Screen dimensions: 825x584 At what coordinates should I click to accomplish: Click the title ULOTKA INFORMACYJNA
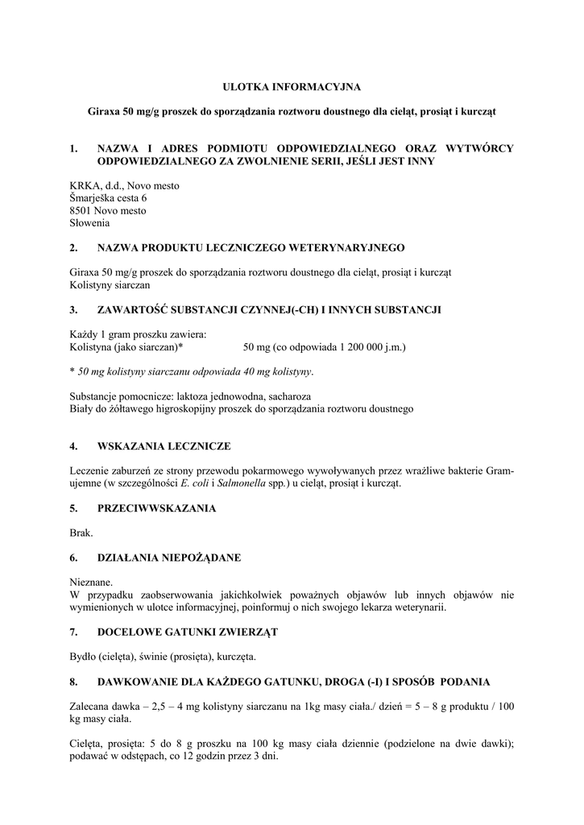[292, 85]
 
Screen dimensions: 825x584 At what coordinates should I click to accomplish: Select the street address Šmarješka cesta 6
[108, 198]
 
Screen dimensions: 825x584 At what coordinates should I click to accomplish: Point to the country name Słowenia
[89, 222]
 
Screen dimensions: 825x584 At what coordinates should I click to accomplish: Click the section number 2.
[74, 247]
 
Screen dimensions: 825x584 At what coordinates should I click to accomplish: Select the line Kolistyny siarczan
[110, 284]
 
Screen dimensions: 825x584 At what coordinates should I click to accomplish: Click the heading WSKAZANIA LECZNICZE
[164, 446]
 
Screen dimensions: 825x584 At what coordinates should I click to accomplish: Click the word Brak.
[81, 533]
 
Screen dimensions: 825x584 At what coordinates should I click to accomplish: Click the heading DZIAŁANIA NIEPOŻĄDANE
[168, 558]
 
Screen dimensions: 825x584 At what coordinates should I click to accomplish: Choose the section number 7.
[74, 632]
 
